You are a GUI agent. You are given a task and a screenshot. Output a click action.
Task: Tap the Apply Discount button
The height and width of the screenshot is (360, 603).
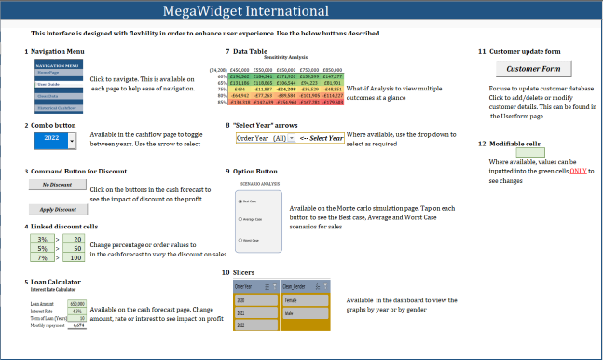pyautogui.click(x=58, y=209)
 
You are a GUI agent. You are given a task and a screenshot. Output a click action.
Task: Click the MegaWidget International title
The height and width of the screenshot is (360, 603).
pyautogui.click(x=300, y=12)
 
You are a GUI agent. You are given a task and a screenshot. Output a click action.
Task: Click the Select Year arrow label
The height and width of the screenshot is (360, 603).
pyautogui.click(x=322, y=138)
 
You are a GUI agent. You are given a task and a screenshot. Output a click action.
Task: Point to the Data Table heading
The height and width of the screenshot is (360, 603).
pyautogui.click(x=252, y=51)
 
